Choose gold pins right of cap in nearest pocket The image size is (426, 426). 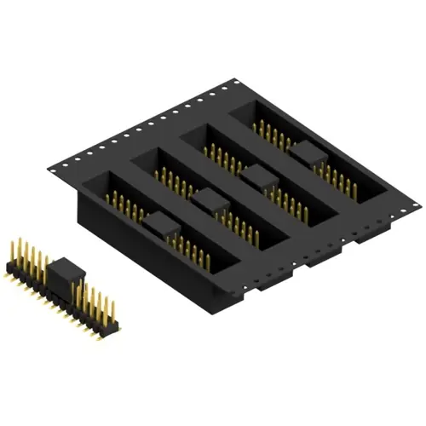(x=193, y=247)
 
